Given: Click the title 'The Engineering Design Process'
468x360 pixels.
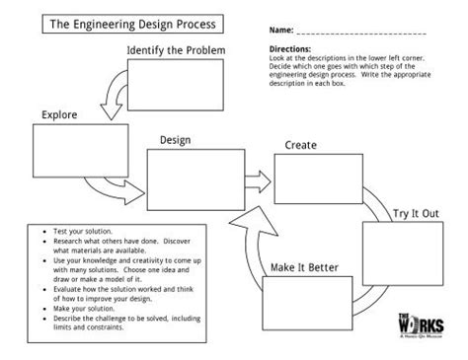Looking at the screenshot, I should (128, 23).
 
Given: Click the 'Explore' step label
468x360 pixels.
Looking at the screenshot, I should (59, 115).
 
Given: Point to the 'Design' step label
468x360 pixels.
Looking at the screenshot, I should (174, 141).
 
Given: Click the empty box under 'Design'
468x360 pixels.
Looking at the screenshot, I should (189, 179).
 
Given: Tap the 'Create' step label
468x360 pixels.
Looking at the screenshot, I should (300, 146).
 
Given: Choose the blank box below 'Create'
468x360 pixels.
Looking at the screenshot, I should (310, 179).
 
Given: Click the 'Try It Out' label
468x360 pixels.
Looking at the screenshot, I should (415, 213).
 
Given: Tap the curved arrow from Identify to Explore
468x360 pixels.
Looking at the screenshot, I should (111, 95).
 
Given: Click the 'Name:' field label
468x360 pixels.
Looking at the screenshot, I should (282, 31).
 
